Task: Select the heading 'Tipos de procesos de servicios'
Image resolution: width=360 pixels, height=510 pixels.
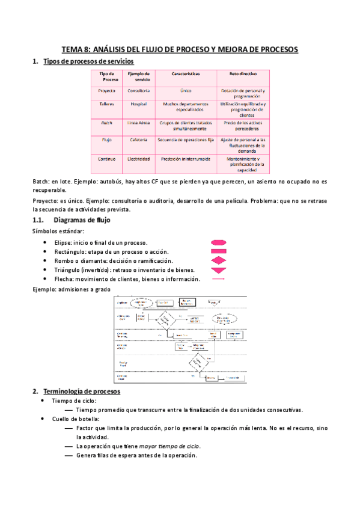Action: (89, 61)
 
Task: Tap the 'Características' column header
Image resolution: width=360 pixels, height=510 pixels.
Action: (185, 74)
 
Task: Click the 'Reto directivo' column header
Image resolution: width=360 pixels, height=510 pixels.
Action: (243, 74)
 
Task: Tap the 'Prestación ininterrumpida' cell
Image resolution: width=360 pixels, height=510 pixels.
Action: (185, 159)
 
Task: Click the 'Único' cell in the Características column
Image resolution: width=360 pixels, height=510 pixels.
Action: (186, 90)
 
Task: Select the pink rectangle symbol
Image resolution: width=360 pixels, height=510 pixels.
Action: (218, 251)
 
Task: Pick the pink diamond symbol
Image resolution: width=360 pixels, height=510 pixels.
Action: (218, 260)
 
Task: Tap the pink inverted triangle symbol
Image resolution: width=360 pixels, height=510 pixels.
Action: (218, 270)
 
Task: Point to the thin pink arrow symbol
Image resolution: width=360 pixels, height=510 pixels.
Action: (218, 279)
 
